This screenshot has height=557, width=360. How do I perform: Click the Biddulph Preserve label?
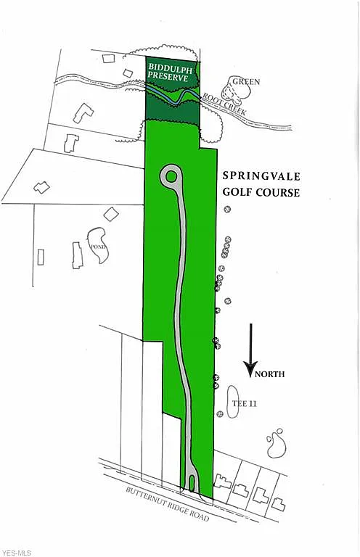[168, 72]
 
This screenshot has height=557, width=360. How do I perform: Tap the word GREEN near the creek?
[246, 82]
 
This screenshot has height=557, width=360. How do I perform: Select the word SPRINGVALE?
[261, 176]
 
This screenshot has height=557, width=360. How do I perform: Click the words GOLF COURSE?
[261, 192]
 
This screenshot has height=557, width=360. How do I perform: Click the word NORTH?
[270, 374]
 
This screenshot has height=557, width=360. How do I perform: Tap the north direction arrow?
[251, 350]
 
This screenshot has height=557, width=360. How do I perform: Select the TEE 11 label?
[244, 403]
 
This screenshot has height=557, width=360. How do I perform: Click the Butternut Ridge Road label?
[168, 505]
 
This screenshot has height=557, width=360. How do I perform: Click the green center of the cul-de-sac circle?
[171, 176]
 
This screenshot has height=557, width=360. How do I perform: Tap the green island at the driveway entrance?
[192, 483]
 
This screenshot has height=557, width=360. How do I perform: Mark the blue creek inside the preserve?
[172, 95]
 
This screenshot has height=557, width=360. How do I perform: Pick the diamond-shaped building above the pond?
[111, 214]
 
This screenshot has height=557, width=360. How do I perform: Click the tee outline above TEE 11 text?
[233, 402]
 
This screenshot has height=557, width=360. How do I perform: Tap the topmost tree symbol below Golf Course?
[227, 209]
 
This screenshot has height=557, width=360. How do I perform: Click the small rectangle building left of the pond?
[41, 257]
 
